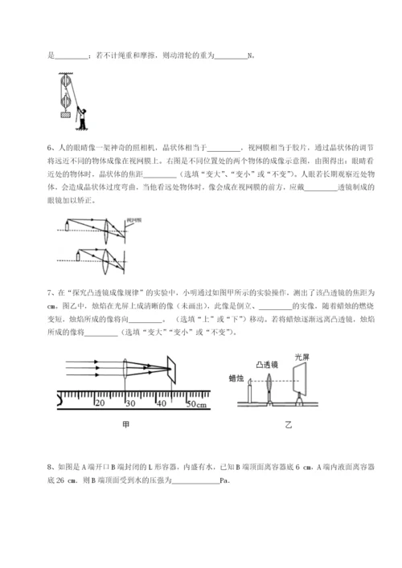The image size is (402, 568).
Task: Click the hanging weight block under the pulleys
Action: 59,116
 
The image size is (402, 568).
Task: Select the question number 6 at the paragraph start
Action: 51,147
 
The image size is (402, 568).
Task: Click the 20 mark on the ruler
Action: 100,402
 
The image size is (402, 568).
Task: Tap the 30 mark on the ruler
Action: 131,402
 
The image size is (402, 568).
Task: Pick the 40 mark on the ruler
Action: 161,402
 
